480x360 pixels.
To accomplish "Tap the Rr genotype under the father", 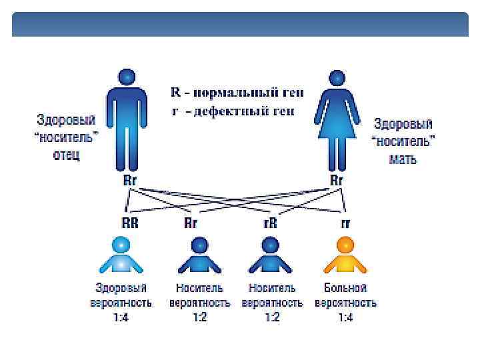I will coord(131,181).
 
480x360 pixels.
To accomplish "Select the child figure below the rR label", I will coord(269,256).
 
